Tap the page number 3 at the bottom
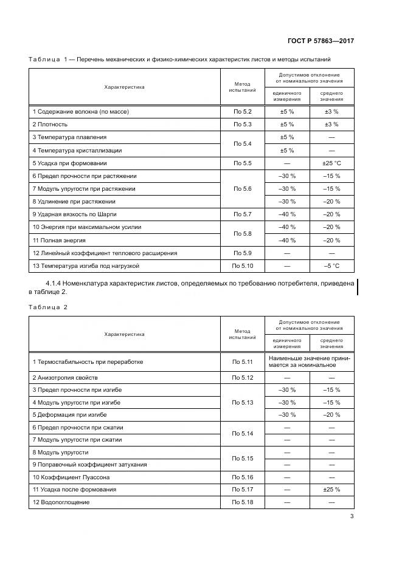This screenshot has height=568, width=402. pos(352,517)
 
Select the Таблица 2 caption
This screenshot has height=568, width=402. pos(48,307)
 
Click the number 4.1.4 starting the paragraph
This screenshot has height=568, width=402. pos(56,283)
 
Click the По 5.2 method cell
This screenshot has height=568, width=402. pos(242,112)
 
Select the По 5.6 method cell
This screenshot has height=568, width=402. pos(242,189)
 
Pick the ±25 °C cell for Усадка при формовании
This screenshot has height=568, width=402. pos(331,163)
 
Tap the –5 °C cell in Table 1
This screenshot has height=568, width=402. pos(331,266)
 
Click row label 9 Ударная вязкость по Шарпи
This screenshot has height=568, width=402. pos(74,214)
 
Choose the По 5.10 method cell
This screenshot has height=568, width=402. pos(242,266)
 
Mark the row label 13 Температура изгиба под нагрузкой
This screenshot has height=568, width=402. pos(86,266)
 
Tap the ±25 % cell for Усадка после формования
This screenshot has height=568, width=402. pos(331,489)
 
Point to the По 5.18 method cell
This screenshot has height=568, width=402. pos(242,502)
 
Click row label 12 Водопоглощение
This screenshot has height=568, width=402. pos(61,502)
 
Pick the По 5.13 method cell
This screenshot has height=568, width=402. pos(242,402)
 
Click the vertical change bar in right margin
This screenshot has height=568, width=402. pos(358,287)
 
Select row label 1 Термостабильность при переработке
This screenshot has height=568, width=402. pos(88,361)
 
